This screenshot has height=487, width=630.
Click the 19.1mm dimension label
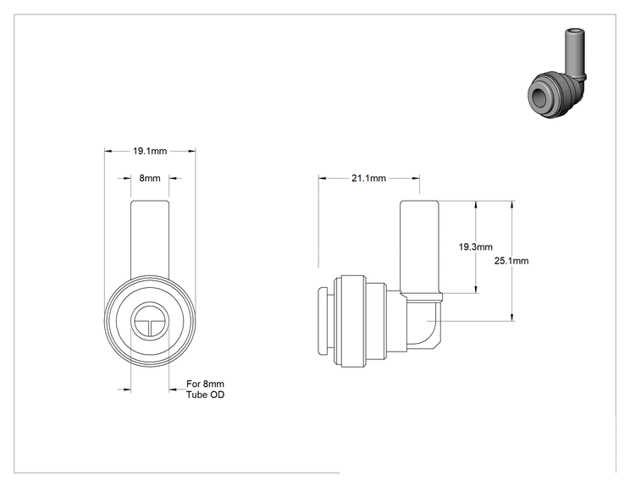click(x=150, y=151)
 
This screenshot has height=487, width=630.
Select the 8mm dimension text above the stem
click(x=150, y=178)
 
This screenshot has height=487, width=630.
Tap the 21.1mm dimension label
click(x=369, y=178)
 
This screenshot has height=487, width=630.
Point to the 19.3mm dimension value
click(x=476, y=246)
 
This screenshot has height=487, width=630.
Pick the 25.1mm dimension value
click(x=511, y=261)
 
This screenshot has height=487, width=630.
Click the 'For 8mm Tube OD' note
click(x=205, y=390)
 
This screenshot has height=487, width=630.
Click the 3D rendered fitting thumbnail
click(x=557, y=73)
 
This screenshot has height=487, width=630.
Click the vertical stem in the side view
click(x=419, y=246)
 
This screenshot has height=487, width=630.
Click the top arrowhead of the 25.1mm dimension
click(x=511, y=204)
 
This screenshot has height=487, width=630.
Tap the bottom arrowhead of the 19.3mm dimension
click(x=476, y=290)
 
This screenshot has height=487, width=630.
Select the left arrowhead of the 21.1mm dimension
click(x=323, y=178)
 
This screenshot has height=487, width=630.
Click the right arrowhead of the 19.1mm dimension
click(x=191, y=151)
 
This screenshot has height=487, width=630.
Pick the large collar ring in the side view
click(x=353, y=322)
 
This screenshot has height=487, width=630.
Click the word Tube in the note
click(x=195, y=395)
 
